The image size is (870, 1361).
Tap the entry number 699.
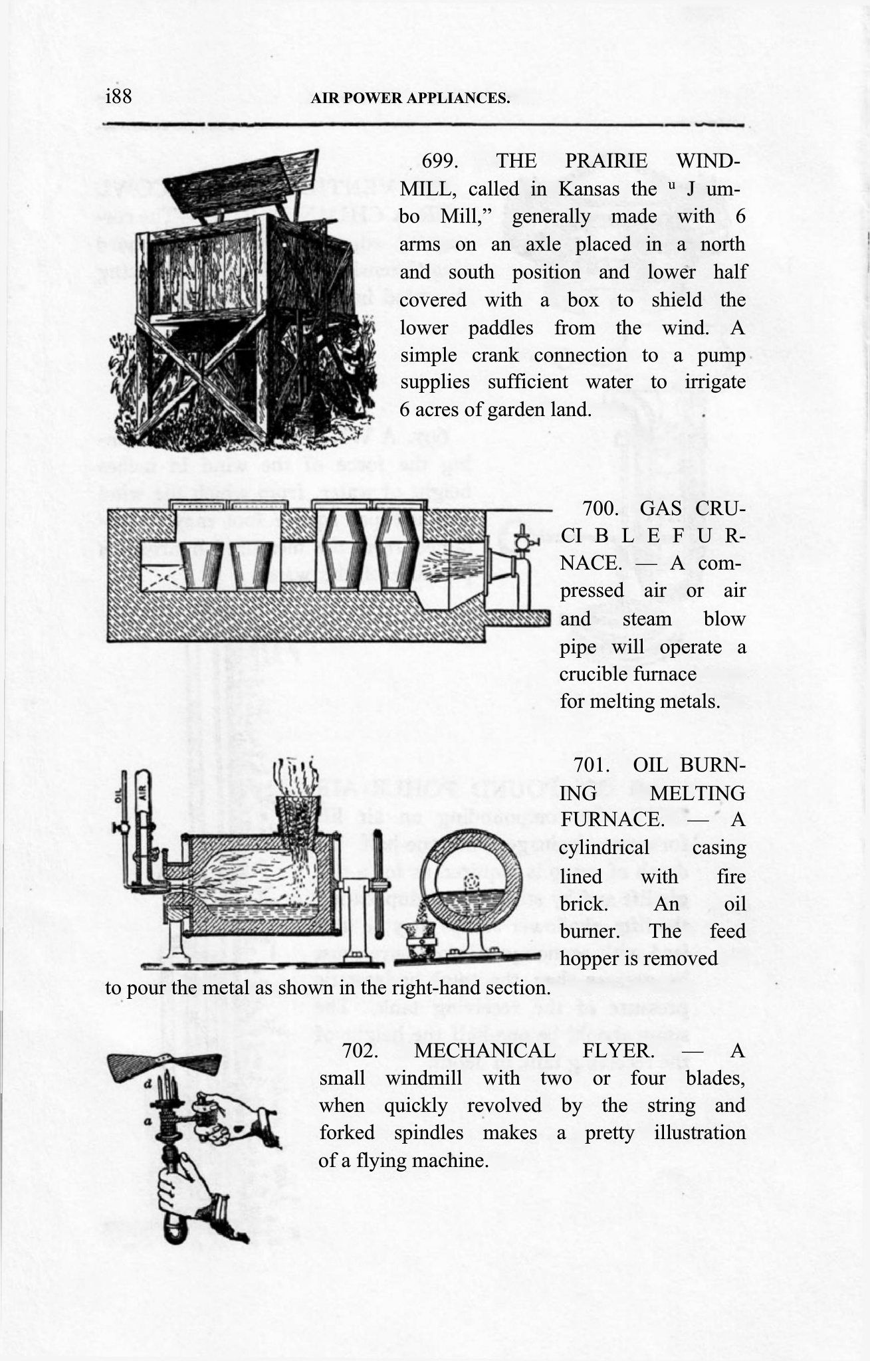click(x=439, y=161)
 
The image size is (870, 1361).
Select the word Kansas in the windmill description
click(x=589, y=189)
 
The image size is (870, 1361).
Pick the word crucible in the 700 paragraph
click(x=594, y=674)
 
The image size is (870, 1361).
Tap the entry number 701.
click(x=593, y=765)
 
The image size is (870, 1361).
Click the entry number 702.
click(x=360, y=1051)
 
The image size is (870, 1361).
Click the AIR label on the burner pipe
click(x=141, y=791)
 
